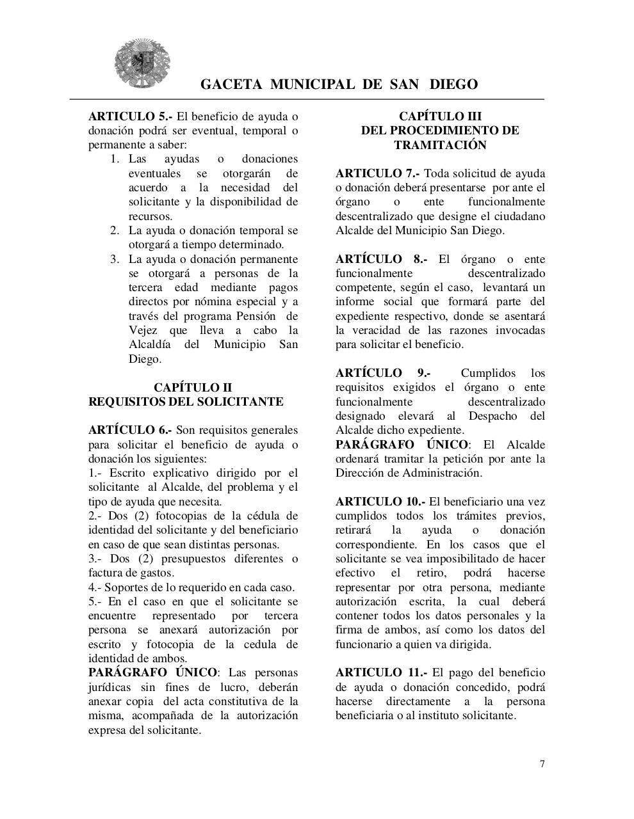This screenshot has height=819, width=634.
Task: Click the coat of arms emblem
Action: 142,63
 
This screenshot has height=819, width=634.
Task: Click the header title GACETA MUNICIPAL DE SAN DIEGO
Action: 339,84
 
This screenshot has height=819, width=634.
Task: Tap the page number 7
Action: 542,763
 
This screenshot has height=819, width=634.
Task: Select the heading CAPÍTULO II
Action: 193,388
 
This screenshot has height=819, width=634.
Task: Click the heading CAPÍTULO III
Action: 440,116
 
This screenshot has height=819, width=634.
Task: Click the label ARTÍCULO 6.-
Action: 129,430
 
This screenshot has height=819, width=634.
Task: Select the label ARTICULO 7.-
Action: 377,173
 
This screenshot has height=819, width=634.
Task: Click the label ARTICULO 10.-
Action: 380,502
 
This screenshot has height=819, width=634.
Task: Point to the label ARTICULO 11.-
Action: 381,672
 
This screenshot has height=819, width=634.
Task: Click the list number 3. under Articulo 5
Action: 115,259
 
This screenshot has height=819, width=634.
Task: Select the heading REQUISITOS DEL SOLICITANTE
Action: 186,402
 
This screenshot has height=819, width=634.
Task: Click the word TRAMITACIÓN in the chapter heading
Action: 440,145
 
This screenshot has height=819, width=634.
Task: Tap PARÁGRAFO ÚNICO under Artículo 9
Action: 402,445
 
